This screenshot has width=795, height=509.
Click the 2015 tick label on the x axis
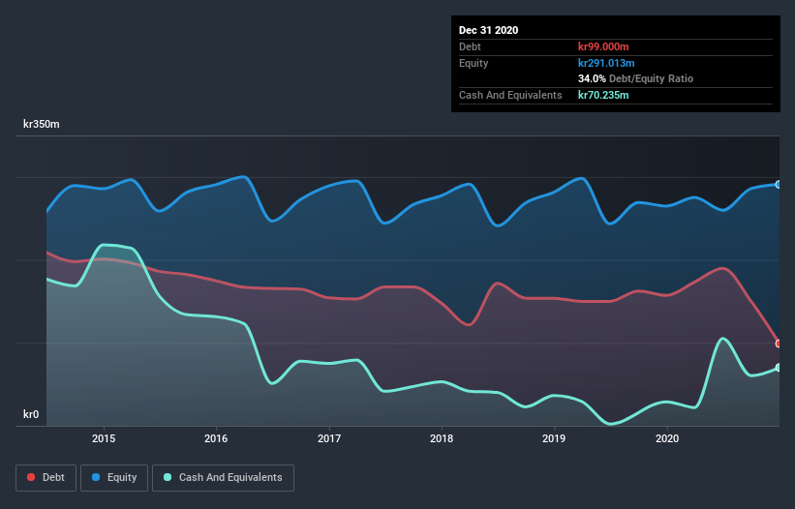point(104,438)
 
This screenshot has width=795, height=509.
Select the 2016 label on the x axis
point(216,438)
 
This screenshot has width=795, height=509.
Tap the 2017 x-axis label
point(329,438)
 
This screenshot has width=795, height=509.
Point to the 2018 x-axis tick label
point(442,438)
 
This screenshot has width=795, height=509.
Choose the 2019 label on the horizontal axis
point(555,438)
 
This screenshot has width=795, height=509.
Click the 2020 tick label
point(667,438)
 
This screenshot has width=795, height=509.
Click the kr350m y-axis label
point(42,125)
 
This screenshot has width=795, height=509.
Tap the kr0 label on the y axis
point(31,415)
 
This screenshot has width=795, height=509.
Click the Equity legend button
point(114,477)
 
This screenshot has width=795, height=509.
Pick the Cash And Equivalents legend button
point(223,477)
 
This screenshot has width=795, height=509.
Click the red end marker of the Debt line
point(779,344)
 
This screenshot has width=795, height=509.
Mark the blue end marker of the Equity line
point(779,184)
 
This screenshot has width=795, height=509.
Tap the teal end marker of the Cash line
point(779,368)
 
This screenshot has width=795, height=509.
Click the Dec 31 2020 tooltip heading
point(488,30)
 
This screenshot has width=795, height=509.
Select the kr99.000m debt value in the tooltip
point(607,46)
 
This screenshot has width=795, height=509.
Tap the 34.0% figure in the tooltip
point(592,78)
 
